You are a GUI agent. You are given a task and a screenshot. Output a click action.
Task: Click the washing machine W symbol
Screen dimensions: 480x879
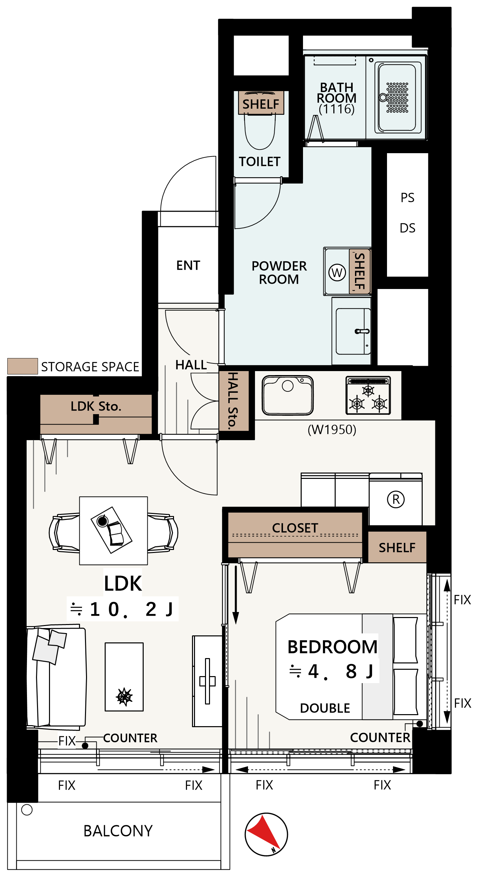337,273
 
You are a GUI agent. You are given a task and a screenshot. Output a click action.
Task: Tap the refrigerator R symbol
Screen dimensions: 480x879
395,500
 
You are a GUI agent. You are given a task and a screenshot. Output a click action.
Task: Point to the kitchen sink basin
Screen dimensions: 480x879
287,395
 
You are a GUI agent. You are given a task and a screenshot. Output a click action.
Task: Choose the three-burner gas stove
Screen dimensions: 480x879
368,395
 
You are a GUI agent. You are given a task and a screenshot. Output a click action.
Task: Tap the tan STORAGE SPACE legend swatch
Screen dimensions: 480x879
23,366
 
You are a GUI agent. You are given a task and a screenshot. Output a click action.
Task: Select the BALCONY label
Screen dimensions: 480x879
118,831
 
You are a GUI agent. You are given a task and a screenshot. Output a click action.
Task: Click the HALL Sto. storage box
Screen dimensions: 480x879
234,401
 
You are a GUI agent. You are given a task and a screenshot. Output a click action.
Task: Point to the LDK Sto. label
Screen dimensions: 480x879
96,406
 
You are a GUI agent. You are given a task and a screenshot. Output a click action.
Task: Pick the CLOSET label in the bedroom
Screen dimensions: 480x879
295,528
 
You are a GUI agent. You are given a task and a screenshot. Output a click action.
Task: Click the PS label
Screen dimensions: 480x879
407,198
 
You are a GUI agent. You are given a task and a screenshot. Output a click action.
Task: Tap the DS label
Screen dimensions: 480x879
407,228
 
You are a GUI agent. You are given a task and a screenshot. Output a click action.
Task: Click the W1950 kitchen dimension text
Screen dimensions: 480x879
332,429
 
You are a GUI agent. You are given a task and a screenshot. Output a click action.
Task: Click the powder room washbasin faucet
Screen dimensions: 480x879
362,331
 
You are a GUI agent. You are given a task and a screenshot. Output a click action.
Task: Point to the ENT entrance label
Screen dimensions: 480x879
188,266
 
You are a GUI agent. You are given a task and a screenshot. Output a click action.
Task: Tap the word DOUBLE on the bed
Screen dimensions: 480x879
325,708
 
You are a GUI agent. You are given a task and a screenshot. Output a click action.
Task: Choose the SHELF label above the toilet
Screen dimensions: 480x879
260,104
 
